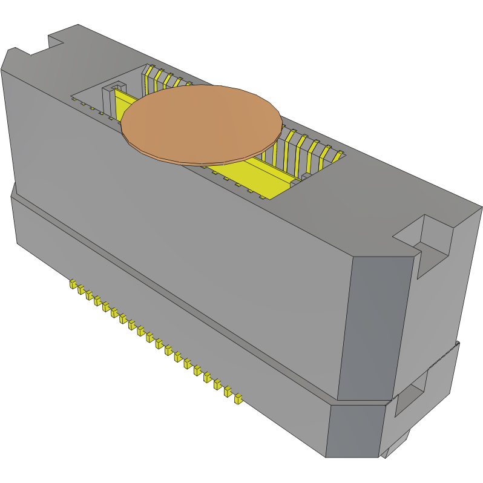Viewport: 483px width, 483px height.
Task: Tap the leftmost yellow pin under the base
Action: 72,283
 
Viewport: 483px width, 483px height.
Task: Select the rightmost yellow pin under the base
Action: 238,398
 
